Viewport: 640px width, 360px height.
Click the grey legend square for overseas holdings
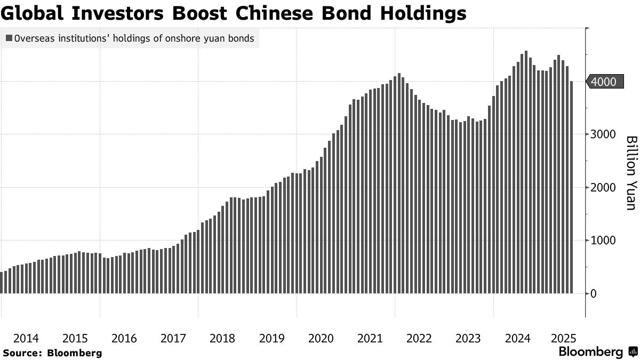[x=9, y=38]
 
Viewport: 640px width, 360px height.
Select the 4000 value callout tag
[x=604, y=82]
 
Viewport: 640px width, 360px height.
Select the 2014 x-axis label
[x=26, y=338]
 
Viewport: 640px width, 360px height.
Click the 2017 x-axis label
[x=173, y=338]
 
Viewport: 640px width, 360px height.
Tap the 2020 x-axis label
[x=321, y=338]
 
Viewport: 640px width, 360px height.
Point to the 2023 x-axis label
[x=469, y=338]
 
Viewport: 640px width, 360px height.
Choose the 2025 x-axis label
[x=563, y=338]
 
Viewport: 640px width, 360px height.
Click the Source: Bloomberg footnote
[x=52, y=353]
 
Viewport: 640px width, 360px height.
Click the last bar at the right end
[x=571, y=187]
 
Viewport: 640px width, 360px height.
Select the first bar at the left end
[x=2, y=283]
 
